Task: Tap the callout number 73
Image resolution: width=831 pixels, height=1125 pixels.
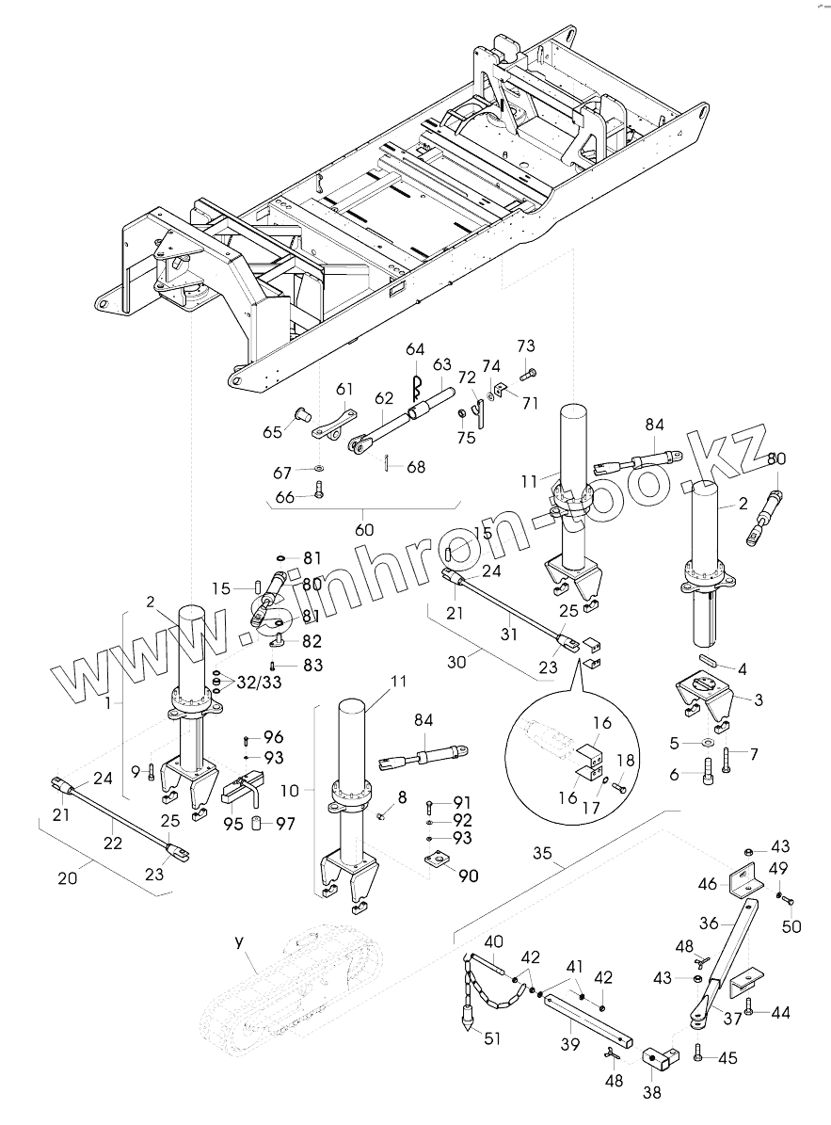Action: pos(526,346)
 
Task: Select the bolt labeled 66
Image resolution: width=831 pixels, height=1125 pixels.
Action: pos(319,490)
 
